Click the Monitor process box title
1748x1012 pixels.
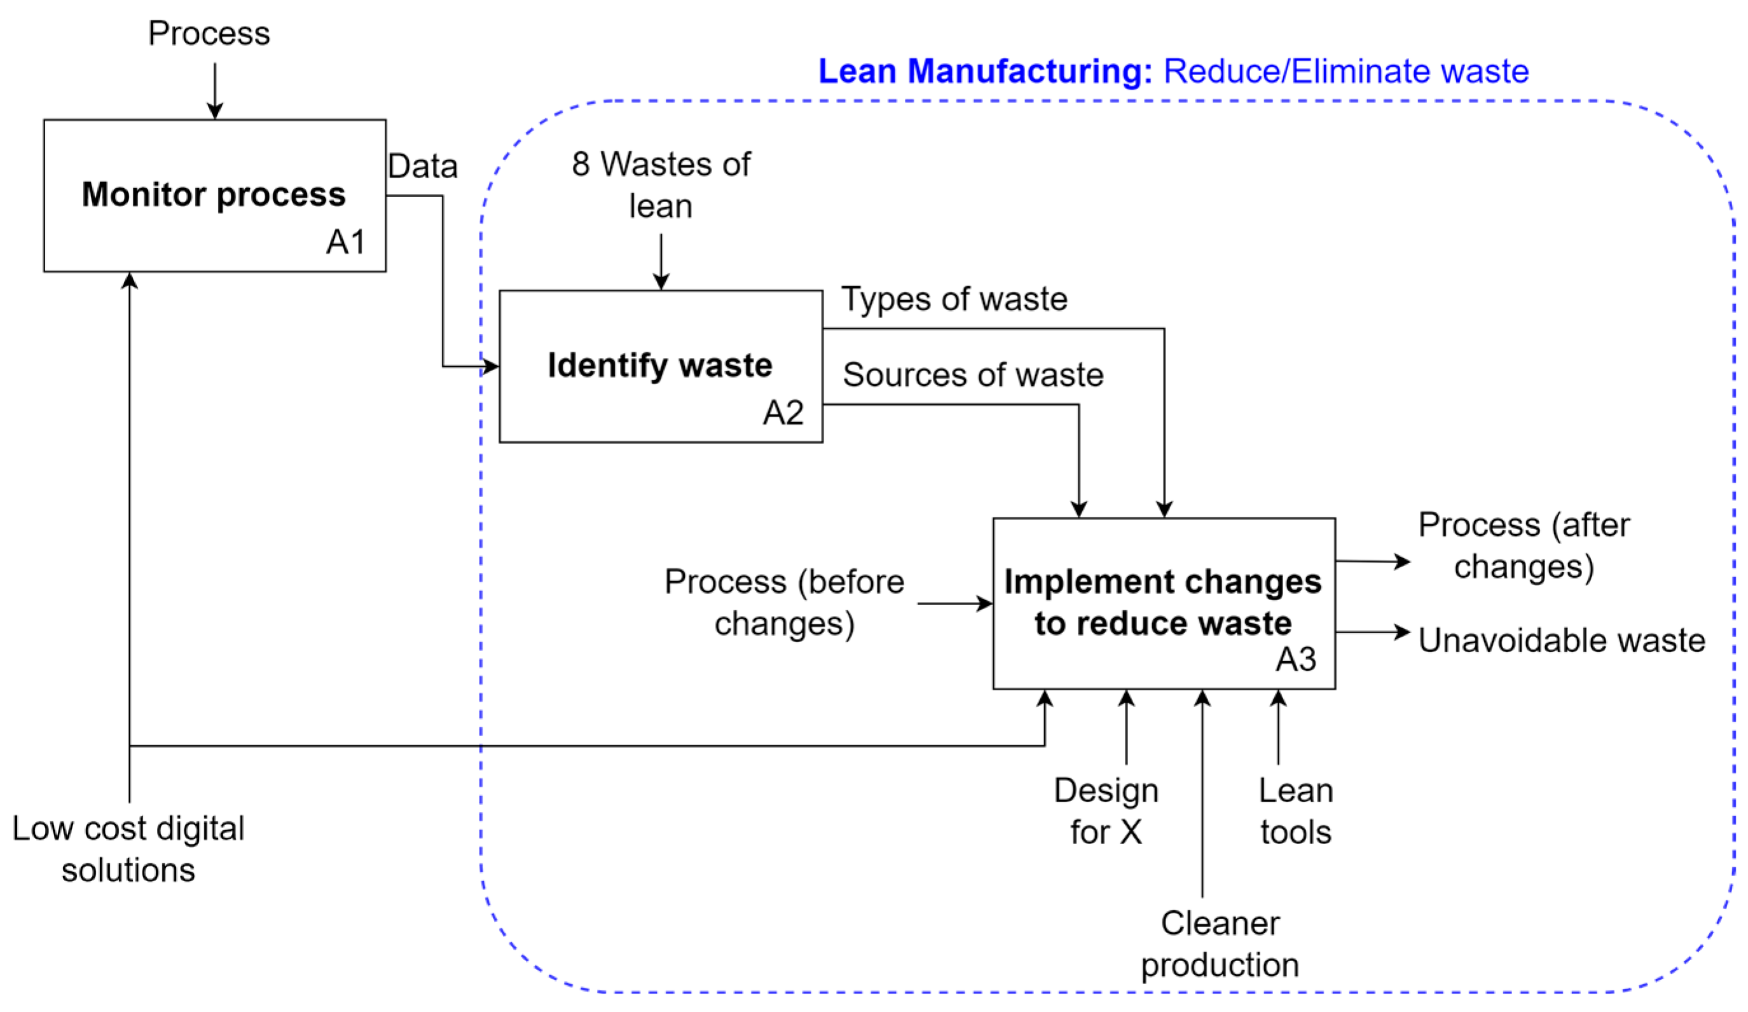(214, 195)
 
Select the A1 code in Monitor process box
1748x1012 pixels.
(345, 242)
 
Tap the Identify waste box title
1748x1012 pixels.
(659, 365)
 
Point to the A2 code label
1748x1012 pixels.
(783, 413)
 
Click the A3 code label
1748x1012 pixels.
(1296, 659)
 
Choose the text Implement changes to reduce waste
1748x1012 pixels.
(1162, 602)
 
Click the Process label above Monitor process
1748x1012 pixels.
(209, 33)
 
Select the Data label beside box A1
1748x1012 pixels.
(422, 167)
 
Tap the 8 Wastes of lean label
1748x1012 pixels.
(661, 184)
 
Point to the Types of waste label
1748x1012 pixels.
(954, 299)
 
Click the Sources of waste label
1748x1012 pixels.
(972, 374)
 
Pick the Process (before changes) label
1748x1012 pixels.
(784, 602)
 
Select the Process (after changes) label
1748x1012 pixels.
(1524, 545)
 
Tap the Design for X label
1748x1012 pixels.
(1106, 811)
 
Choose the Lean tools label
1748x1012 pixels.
(1296, 811)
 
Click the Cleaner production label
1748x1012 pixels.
(1220, 943)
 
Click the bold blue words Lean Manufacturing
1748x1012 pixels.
(984, 71)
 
